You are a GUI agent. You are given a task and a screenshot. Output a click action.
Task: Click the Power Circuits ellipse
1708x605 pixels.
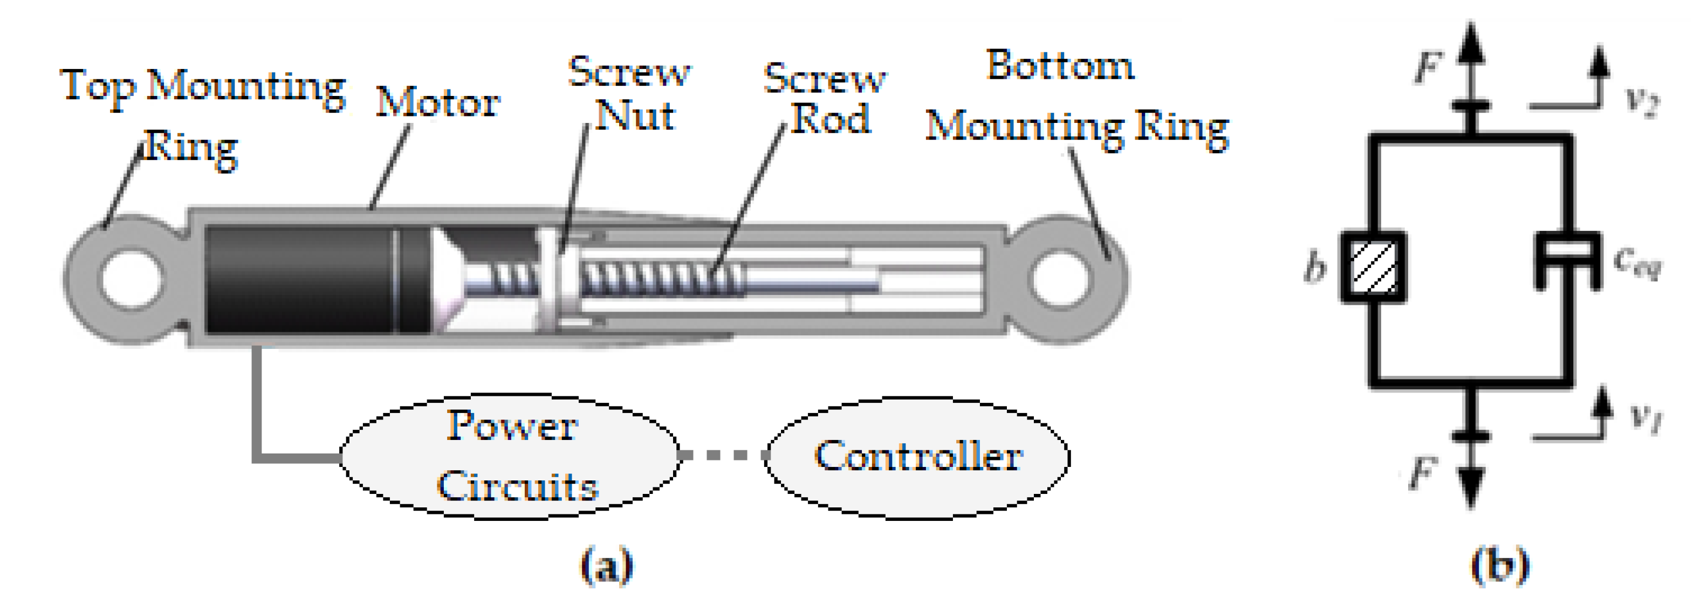(509, 457)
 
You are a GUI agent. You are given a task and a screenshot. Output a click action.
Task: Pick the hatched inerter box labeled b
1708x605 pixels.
(1373, 267)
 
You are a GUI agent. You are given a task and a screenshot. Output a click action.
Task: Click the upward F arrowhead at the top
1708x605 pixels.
(1471, 43)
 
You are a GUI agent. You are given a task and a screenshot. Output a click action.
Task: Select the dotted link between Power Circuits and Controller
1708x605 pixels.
(722, 455)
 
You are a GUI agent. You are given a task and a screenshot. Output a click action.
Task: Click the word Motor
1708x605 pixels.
(437, 102)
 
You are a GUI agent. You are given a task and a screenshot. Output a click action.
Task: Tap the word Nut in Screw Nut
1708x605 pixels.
(635, 116)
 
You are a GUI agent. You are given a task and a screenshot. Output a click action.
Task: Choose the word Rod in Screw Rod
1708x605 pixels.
(830, 119)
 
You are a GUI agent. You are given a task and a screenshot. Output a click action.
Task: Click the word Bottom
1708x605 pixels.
(1060, 66)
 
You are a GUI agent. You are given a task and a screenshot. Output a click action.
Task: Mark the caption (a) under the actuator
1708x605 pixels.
(607, 565)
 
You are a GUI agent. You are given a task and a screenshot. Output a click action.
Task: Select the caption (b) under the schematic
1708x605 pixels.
(1500, 565)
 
